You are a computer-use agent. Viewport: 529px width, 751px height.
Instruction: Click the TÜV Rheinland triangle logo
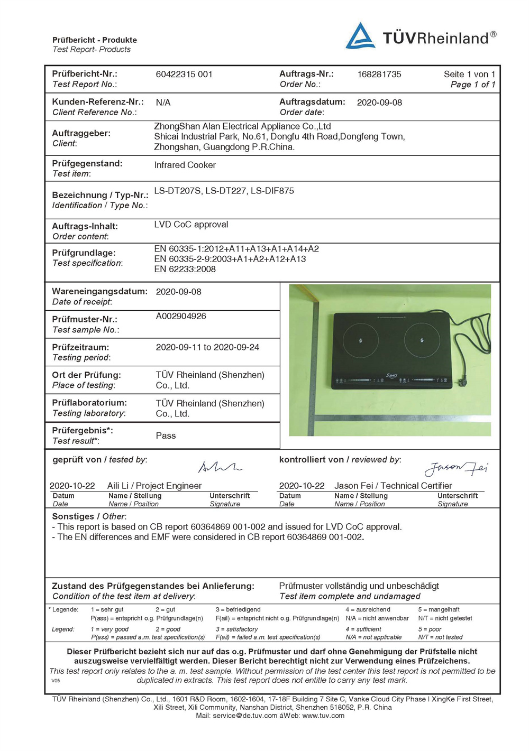[x=360, y=36]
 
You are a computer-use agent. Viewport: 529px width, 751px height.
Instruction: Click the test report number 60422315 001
[x=184, y=75]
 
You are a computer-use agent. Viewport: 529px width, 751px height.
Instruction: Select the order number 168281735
[x=379, y=75]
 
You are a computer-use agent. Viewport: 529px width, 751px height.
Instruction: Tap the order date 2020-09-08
[x=379, y=103]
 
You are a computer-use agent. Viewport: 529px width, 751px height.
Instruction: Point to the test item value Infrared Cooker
[x=185, y=165]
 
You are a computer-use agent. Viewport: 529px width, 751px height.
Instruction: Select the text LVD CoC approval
[x=191, y=225]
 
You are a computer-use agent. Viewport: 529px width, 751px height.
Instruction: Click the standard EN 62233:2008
[x=185, y=269]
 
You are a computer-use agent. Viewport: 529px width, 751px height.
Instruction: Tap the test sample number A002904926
[x=180, y=316]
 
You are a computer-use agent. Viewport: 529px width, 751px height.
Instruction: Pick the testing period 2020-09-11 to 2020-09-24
[x=207, y=347]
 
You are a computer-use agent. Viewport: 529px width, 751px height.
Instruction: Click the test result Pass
[x=166, y=435]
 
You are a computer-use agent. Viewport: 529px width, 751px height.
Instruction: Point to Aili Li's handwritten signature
[x=219, y=467]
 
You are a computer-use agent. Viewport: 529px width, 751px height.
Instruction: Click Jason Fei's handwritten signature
[x=455, y=468]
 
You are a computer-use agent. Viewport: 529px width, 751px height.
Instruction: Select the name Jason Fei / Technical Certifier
[x=393, y=486]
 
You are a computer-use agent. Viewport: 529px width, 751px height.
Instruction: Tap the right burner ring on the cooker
[x=422, y=340]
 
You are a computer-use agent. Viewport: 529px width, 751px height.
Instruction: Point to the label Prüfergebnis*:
[x=82, y=431]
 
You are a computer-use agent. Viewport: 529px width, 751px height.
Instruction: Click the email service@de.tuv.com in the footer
[x=245, y=716]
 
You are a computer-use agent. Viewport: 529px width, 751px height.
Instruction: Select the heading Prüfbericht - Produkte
[x=94, y=40]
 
